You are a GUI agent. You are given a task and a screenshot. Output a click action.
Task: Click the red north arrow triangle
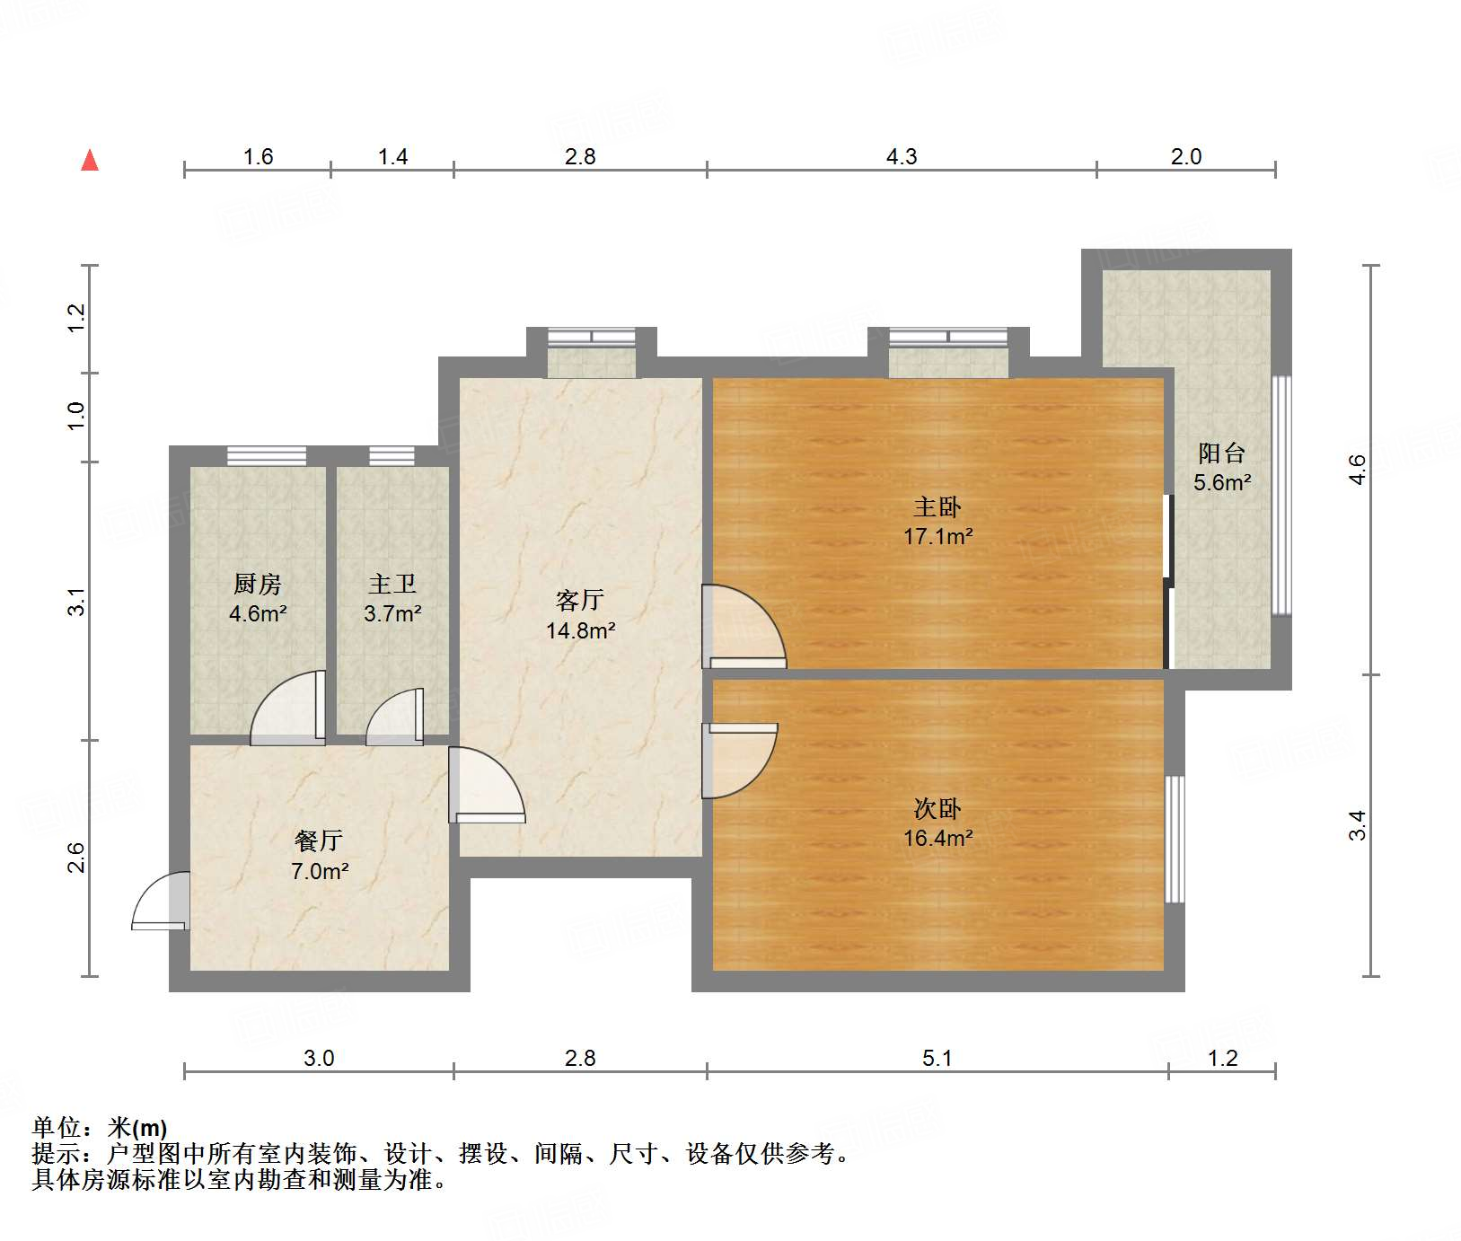coord(90,161)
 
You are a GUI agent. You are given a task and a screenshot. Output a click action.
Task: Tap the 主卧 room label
coord(937,508)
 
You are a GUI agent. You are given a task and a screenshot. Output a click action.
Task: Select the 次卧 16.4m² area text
coord(937,838)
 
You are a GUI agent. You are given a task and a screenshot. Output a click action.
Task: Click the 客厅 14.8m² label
coord(580,615)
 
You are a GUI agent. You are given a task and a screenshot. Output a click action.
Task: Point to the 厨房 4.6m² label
coord(258,599)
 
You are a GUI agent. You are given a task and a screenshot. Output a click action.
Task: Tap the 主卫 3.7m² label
coord(392,599)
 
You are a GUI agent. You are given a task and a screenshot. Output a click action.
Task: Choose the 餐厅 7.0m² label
coord(319,856)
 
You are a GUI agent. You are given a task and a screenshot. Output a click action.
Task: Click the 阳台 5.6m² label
coord(1221,468)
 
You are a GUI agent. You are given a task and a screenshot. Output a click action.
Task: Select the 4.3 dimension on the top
coord(902,157)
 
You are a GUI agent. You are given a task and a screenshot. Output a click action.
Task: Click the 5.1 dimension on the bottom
coord(937,1059)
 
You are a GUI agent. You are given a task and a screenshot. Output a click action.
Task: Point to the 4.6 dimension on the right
coord(1357,470)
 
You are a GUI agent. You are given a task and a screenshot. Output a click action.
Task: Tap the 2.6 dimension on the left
coord(76,858)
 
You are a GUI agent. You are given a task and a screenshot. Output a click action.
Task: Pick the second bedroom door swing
coord(738,759)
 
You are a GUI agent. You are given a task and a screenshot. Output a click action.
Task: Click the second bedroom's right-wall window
coord(1174,839)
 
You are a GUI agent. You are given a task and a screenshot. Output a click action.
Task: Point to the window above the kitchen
coord(267,455)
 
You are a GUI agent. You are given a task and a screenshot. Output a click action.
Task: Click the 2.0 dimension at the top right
coord(1185,157)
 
